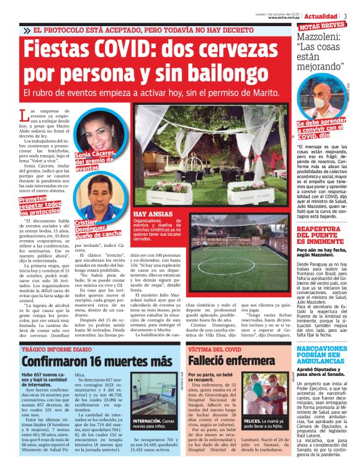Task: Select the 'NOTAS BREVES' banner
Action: [322, 27]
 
